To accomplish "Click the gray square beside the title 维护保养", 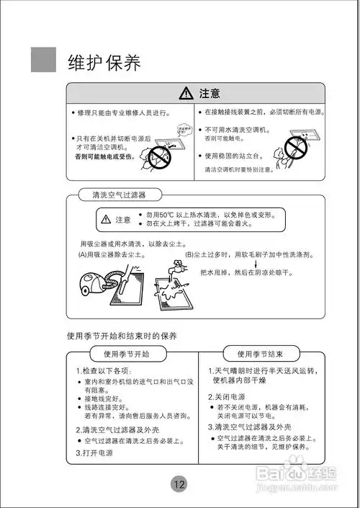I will pyautogui.click(x=43, y=59).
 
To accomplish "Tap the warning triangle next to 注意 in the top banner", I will pyautogui.click(x=186, y=93).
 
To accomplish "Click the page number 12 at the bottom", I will pyautogui.click(x=179, y=484).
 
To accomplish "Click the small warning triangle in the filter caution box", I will pyautogui.click(x=106, y=219).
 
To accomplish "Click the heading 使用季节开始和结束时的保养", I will pyautogui.click(x=122, y=336).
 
